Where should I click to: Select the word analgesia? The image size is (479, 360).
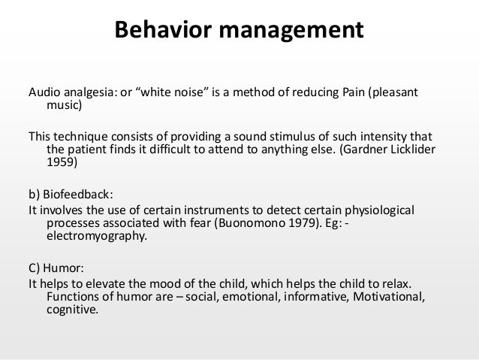coord(86,92)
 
